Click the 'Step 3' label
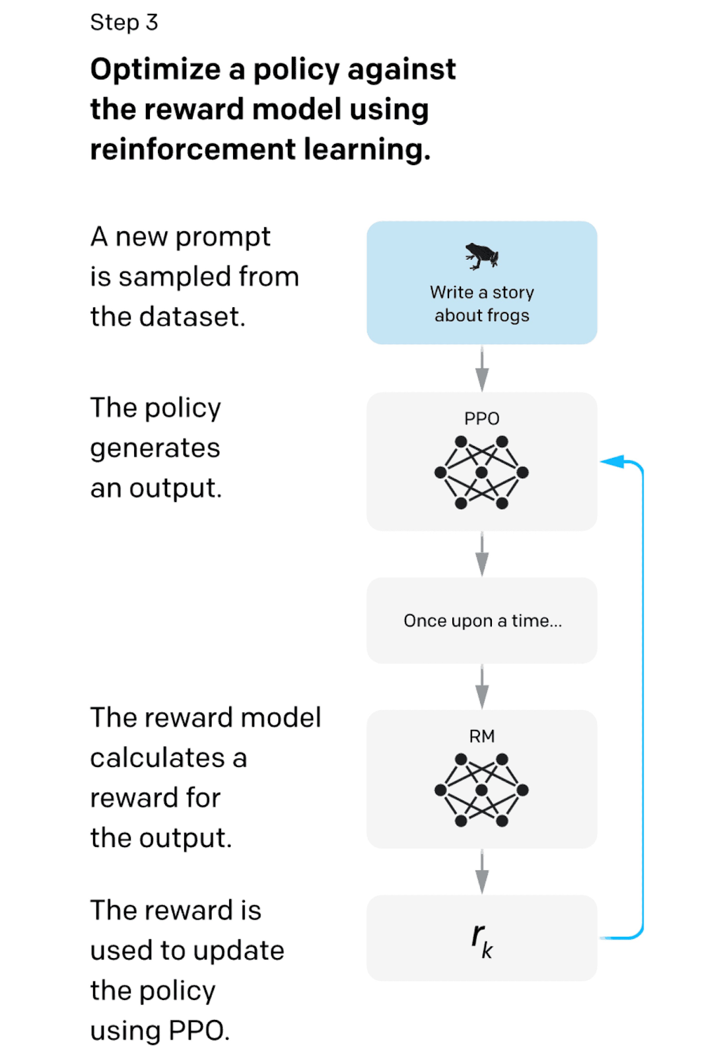tap(124, 22)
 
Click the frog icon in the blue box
tap(481, 256)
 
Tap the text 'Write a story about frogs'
tap(481, 304)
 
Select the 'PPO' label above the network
tap(481, 418)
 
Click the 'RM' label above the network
tap(481, 736)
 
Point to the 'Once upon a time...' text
tap(483, 621)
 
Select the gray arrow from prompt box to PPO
tap(482, 369)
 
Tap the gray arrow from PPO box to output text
tap(482, 554)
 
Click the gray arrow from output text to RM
tap(482, 687)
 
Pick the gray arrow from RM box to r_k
tap(482, 872)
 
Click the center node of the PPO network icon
tap(481, 472)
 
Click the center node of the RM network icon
tap(481, 790)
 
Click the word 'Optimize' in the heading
tap(155, 70)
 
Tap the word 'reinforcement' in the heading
tap(192, 149)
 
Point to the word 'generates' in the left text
tap(155, 449)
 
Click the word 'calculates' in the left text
tap(158, 758)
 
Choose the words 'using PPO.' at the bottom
tap(160, 1031)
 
